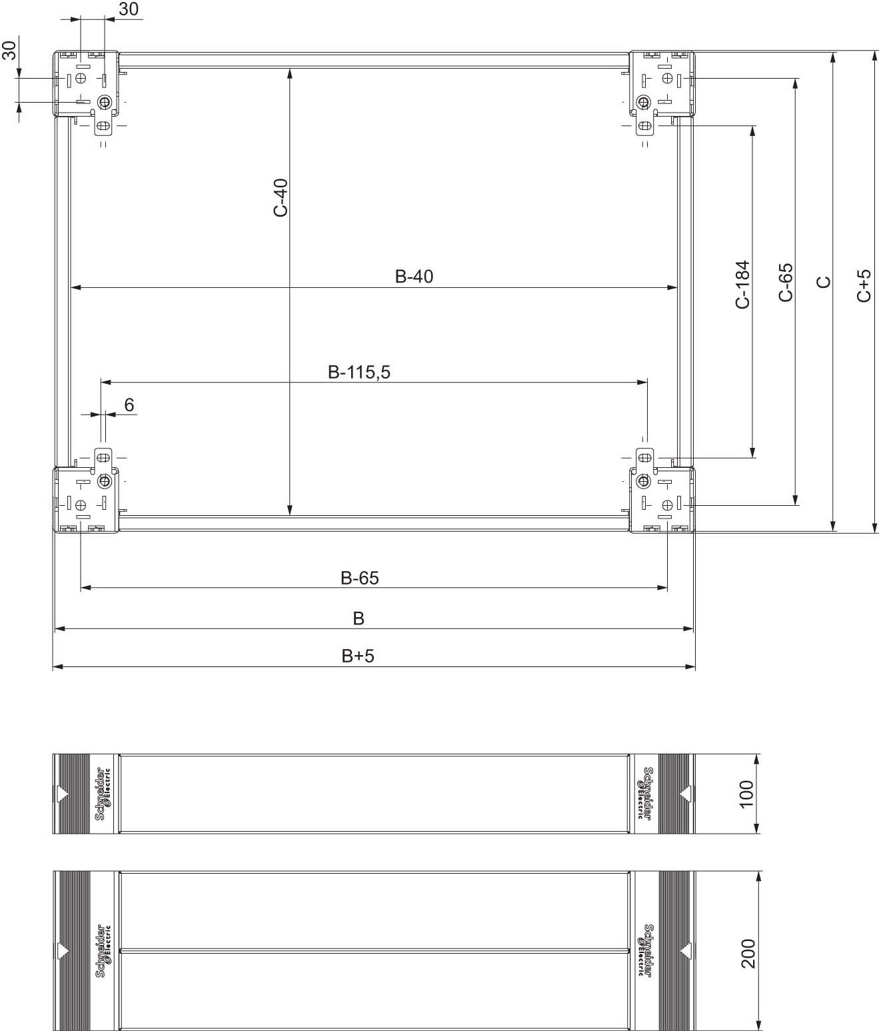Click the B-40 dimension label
click(414, 276)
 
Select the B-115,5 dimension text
click(359, 372)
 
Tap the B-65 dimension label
click(360, 578)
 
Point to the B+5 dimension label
click(359, 656)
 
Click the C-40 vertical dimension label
click(281, 197)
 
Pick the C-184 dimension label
click(742, 285)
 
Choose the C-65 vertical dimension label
click(786, 283)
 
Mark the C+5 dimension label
click(864, 285)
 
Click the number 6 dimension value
click(129, 405)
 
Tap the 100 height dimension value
click(746, 794)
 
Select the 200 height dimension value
click(748, 953)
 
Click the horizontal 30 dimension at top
click(129, 9)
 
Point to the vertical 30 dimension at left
click(9, 50)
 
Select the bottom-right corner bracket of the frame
click(662, 499)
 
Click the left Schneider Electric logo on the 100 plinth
click(103, 794)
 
